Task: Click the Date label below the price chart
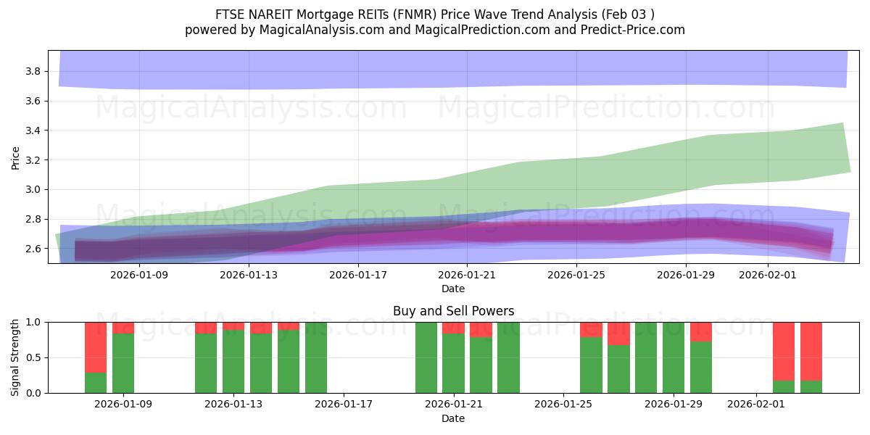click(453, 289)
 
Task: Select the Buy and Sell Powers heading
click(453, 311)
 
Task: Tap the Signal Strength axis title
click(16, 357)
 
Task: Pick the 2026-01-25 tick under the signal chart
click(563, 405)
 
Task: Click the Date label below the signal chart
click(453, 418)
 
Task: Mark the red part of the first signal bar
click(96, 347)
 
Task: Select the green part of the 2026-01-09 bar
click(123, 362)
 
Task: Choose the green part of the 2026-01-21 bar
click(453, 362)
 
